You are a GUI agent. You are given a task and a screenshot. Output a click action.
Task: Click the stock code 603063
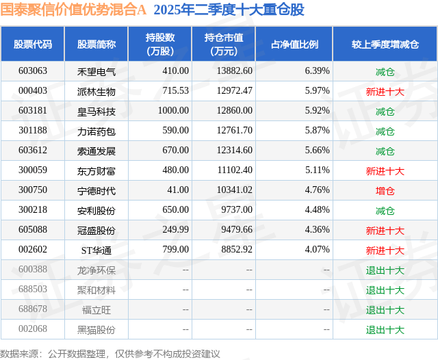(33, 71)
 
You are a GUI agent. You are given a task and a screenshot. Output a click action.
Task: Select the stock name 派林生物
(96, 91)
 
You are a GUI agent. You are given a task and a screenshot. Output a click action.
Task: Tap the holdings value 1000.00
(173, 111)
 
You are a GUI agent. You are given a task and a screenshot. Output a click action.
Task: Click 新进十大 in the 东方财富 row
(385, 171)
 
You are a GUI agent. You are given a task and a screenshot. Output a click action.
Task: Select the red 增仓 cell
(385, 191)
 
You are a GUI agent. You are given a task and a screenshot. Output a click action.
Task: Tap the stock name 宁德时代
(96, 191)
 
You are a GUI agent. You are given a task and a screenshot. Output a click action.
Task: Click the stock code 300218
(33, 211)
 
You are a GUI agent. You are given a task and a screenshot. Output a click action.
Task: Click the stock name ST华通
(96, 250)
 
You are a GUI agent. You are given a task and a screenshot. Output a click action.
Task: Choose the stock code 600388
(33, 270)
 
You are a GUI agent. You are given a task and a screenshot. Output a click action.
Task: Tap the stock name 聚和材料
(96, 290)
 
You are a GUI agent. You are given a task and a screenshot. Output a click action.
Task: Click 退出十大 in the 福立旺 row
(385, 310)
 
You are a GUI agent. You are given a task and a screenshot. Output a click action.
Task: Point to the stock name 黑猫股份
(96, 330)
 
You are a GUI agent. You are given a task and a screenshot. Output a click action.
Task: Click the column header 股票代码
(33, 44)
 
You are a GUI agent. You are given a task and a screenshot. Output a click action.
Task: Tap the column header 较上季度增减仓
(385, 44)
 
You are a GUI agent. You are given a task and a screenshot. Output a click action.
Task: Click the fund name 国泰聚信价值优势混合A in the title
(74, 10)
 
